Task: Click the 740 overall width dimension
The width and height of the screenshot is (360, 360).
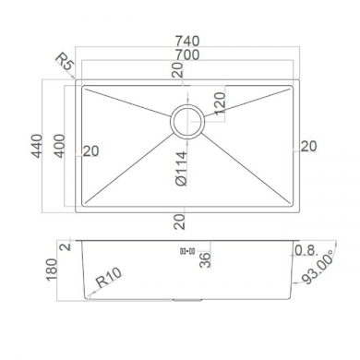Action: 187,41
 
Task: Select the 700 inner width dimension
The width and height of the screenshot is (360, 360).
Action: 187,54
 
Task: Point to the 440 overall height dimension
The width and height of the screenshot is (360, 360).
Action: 37,146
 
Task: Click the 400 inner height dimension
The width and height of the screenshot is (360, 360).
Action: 59,146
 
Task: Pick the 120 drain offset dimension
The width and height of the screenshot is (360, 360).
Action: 221,103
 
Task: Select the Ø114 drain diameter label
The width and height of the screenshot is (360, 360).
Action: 182,168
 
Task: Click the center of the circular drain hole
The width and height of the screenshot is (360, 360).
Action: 187,122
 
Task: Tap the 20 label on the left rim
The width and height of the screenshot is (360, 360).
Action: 90,151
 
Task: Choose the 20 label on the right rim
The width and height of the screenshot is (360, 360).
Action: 308,146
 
